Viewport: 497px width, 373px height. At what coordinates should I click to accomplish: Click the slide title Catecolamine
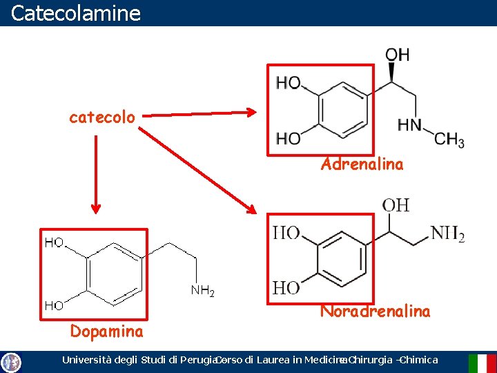tap(76, 13)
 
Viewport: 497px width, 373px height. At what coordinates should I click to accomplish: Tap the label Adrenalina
tap(362, 164)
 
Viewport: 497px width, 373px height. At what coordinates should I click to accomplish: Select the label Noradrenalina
tap(375, 312)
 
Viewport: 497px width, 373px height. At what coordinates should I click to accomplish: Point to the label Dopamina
tap(107, 332)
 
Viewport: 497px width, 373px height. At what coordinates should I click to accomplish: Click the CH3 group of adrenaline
tap(449, 139)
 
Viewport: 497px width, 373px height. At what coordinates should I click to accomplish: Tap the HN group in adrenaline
tap(409, 126)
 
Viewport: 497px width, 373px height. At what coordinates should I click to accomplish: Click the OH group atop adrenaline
tap(397, 54)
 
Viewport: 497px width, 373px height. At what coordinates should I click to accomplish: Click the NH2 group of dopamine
tap(202, 291)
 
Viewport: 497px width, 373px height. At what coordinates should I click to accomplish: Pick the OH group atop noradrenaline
tap(396, 205)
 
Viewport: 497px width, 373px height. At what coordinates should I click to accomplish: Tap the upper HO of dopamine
tap(55, 242)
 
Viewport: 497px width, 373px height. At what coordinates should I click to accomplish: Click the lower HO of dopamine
tap(55, 305)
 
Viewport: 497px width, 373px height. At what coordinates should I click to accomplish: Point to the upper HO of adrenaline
tap(289, 84)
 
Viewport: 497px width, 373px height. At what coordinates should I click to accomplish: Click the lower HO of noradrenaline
tap(286, 287)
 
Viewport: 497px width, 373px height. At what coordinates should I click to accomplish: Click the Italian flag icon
tap(482, 363)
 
